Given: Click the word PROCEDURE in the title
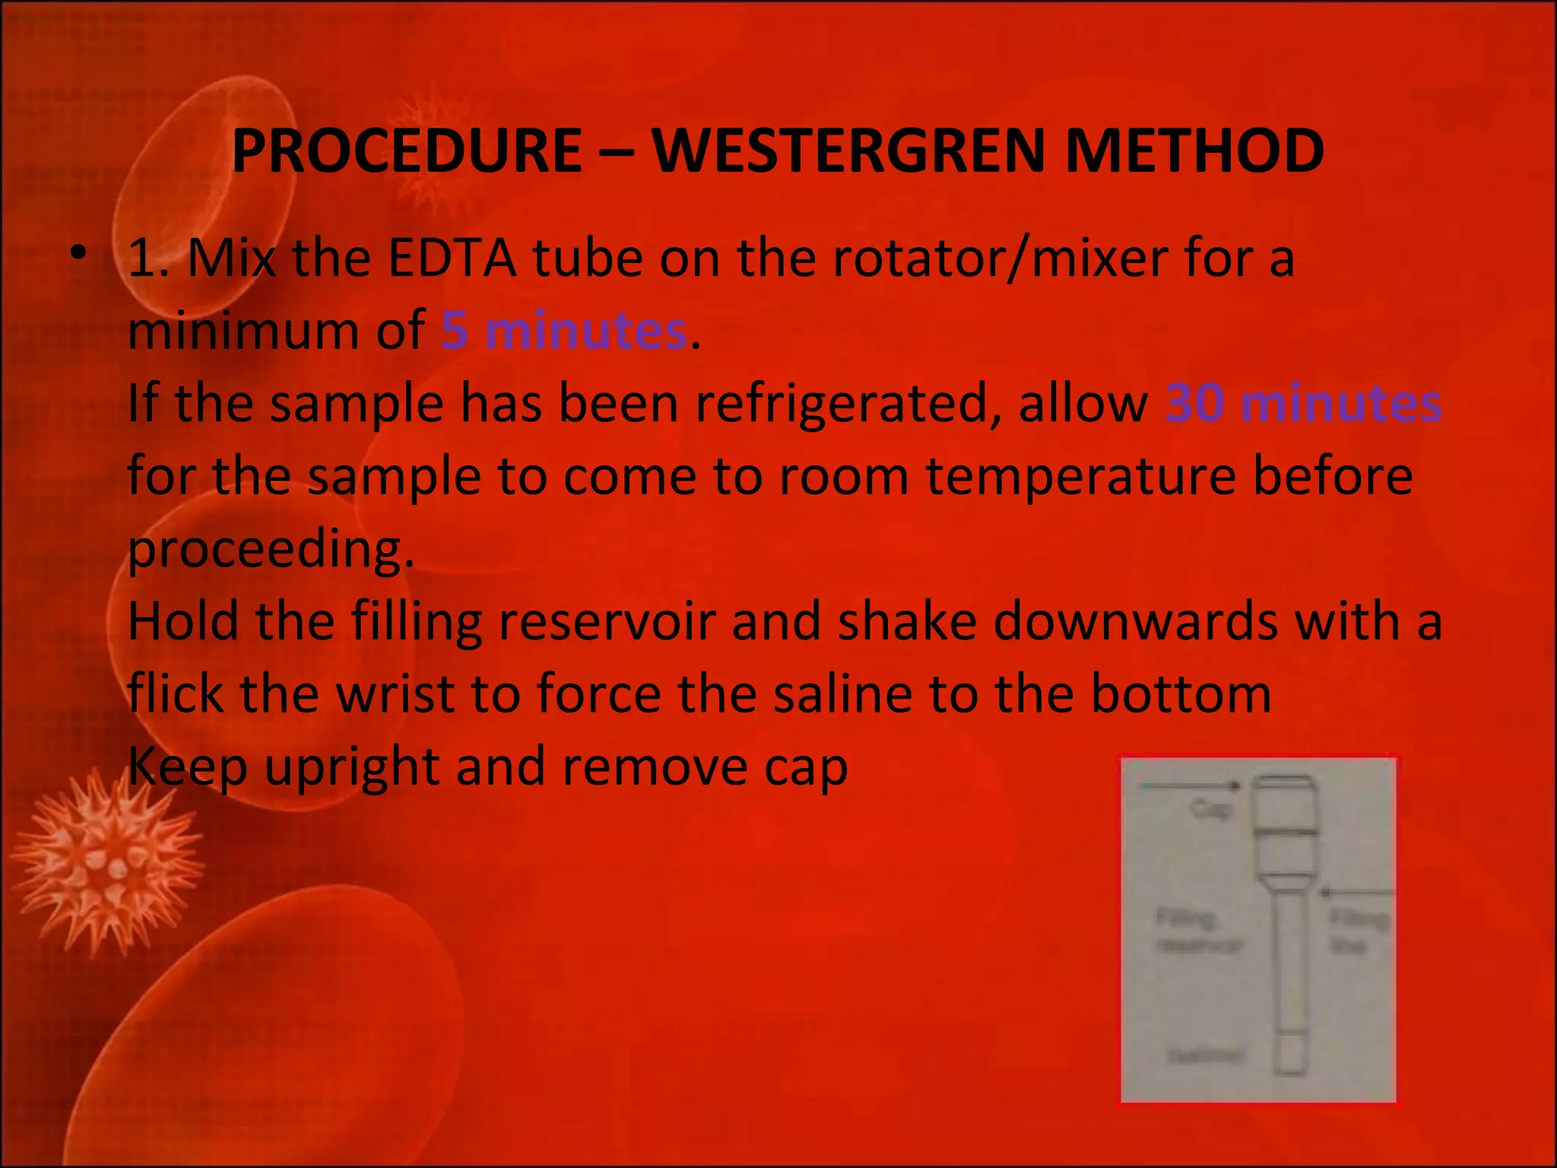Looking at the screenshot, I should coord(407,151).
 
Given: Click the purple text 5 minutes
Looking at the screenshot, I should coord(564,331).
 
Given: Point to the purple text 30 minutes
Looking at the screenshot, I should coord(1303,403).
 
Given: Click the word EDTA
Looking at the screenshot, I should coord(452,259).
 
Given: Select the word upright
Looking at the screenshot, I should coord(351,766).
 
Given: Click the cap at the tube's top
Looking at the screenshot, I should coord(1283,805).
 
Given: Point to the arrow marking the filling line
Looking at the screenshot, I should coord(1357,891).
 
